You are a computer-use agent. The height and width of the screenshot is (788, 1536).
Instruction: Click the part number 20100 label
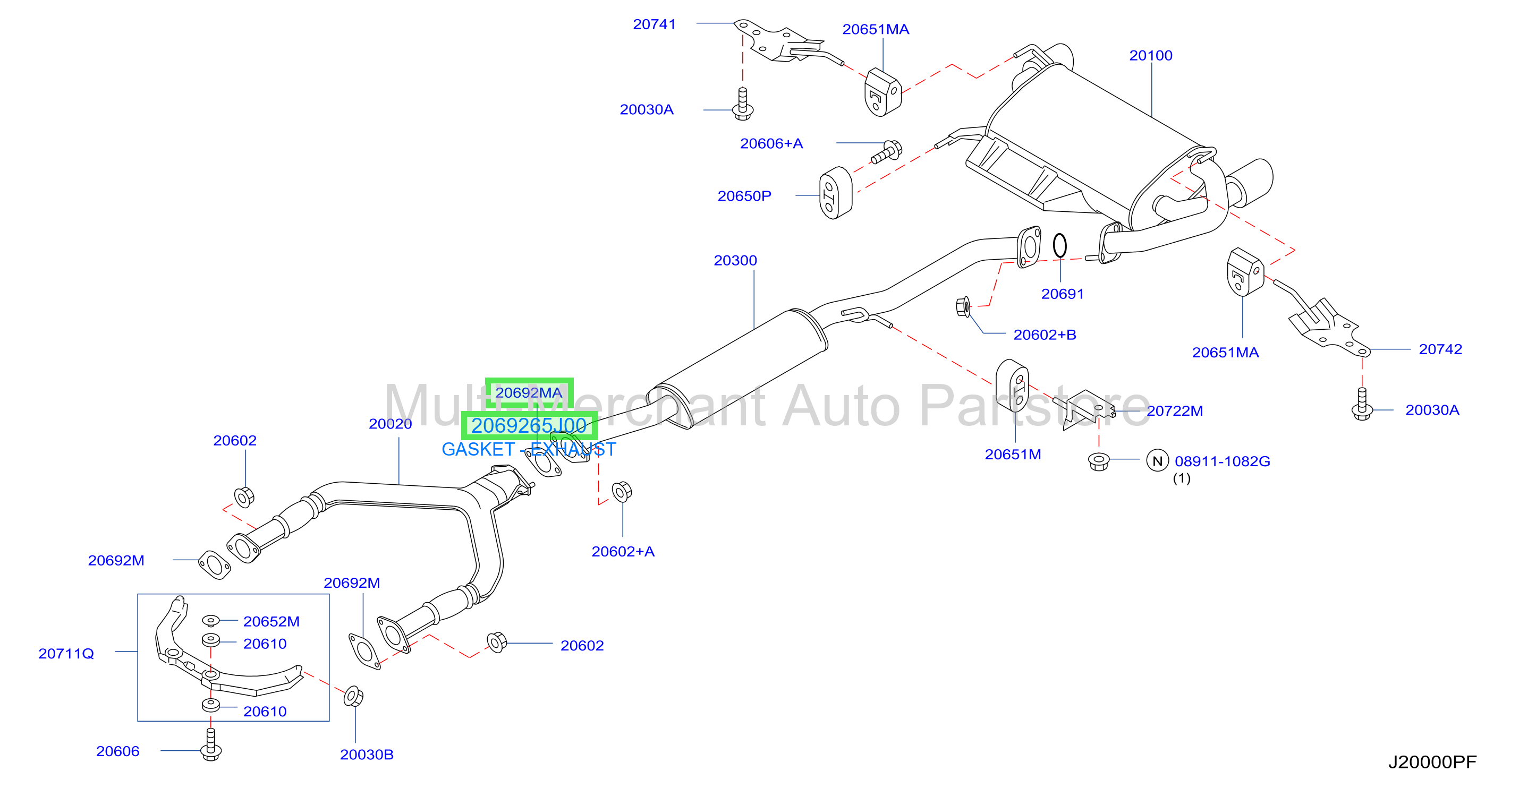coord(1150,55)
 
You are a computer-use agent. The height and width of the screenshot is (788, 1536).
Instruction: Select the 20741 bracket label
coord(654,24)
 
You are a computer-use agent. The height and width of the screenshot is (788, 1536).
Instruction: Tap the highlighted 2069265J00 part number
coord(529,425)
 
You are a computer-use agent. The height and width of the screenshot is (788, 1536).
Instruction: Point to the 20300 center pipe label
coord(735,261)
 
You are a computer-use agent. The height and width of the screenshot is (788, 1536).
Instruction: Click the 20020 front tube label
coord(390,424)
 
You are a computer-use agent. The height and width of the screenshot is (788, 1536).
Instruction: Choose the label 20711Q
coord(66,654)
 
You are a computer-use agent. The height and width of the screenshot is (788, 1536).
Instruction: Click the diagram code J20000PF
coord(1432,763)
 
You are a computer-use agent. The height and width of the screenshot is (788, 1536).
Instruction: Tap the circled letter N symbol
coord(1157,461)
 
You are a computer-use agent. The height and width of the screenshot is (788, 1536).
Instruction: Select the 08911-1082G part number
coord(1223,461)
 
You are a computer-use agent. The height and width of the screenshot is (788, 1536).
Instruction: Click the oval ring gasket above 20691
coord(1059,245)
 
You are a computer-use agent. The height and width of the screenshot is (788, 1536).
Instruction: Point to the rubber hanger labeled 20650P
coord(835,193)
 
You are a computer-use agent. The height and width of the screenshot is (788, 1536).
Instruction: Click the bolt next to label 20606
coord(210,745)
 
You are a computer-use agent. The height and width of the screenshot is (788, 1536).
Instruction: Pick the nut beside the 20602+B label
coord(962,306)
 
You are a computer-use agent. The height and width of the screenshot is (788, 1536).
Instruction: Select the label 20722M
coord(1175,410)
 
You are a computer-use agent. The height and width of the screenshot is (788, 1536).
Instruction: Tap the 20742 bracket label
coord(1440,349)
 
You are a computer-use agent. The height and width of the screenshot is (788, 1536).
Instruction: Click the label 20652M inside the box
coord(271,622)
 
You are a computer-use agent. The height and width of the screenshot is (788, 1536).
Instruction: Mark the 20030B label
coord(367,755)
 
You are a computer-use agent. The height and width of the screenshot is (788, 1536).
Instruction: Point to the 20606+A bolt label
coord(771,144)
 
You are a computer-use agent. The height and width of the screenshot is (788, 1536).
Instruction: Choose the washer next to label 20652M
coord(210,621)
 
